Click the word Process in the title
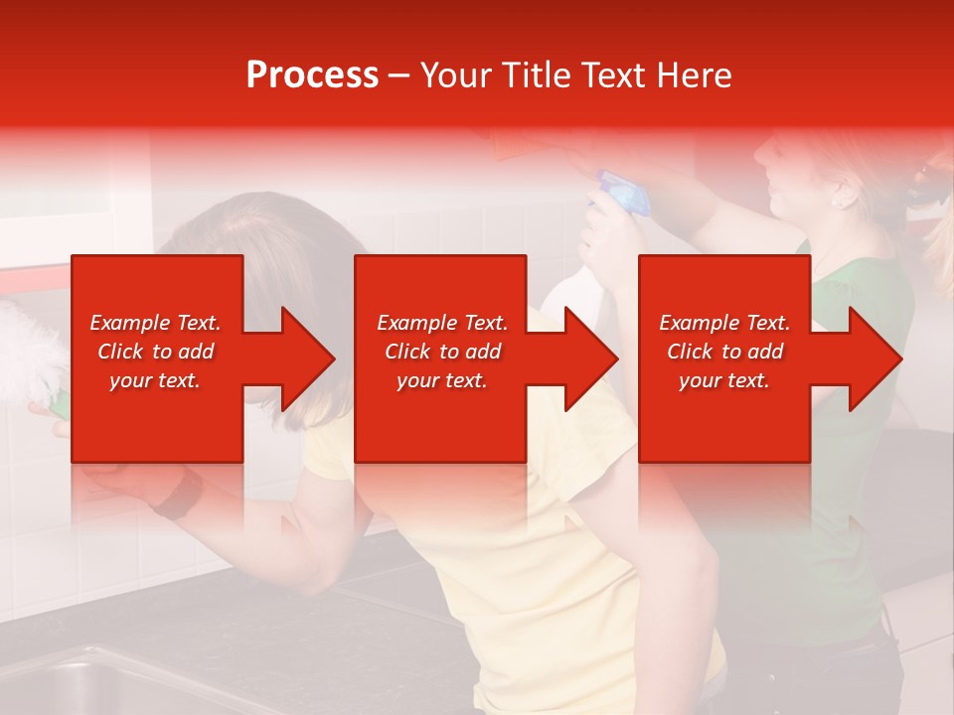312,75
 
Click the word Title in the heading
536,75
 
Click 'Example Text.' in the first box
155,323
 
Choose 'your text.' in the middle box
441,380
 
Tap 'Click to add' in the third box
724,352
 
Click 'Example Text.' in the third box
724,323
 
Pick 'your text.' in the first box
155,380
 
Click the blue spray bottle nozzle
621,192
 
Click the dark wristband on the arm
179,494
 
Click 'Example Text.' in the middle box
441,323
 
